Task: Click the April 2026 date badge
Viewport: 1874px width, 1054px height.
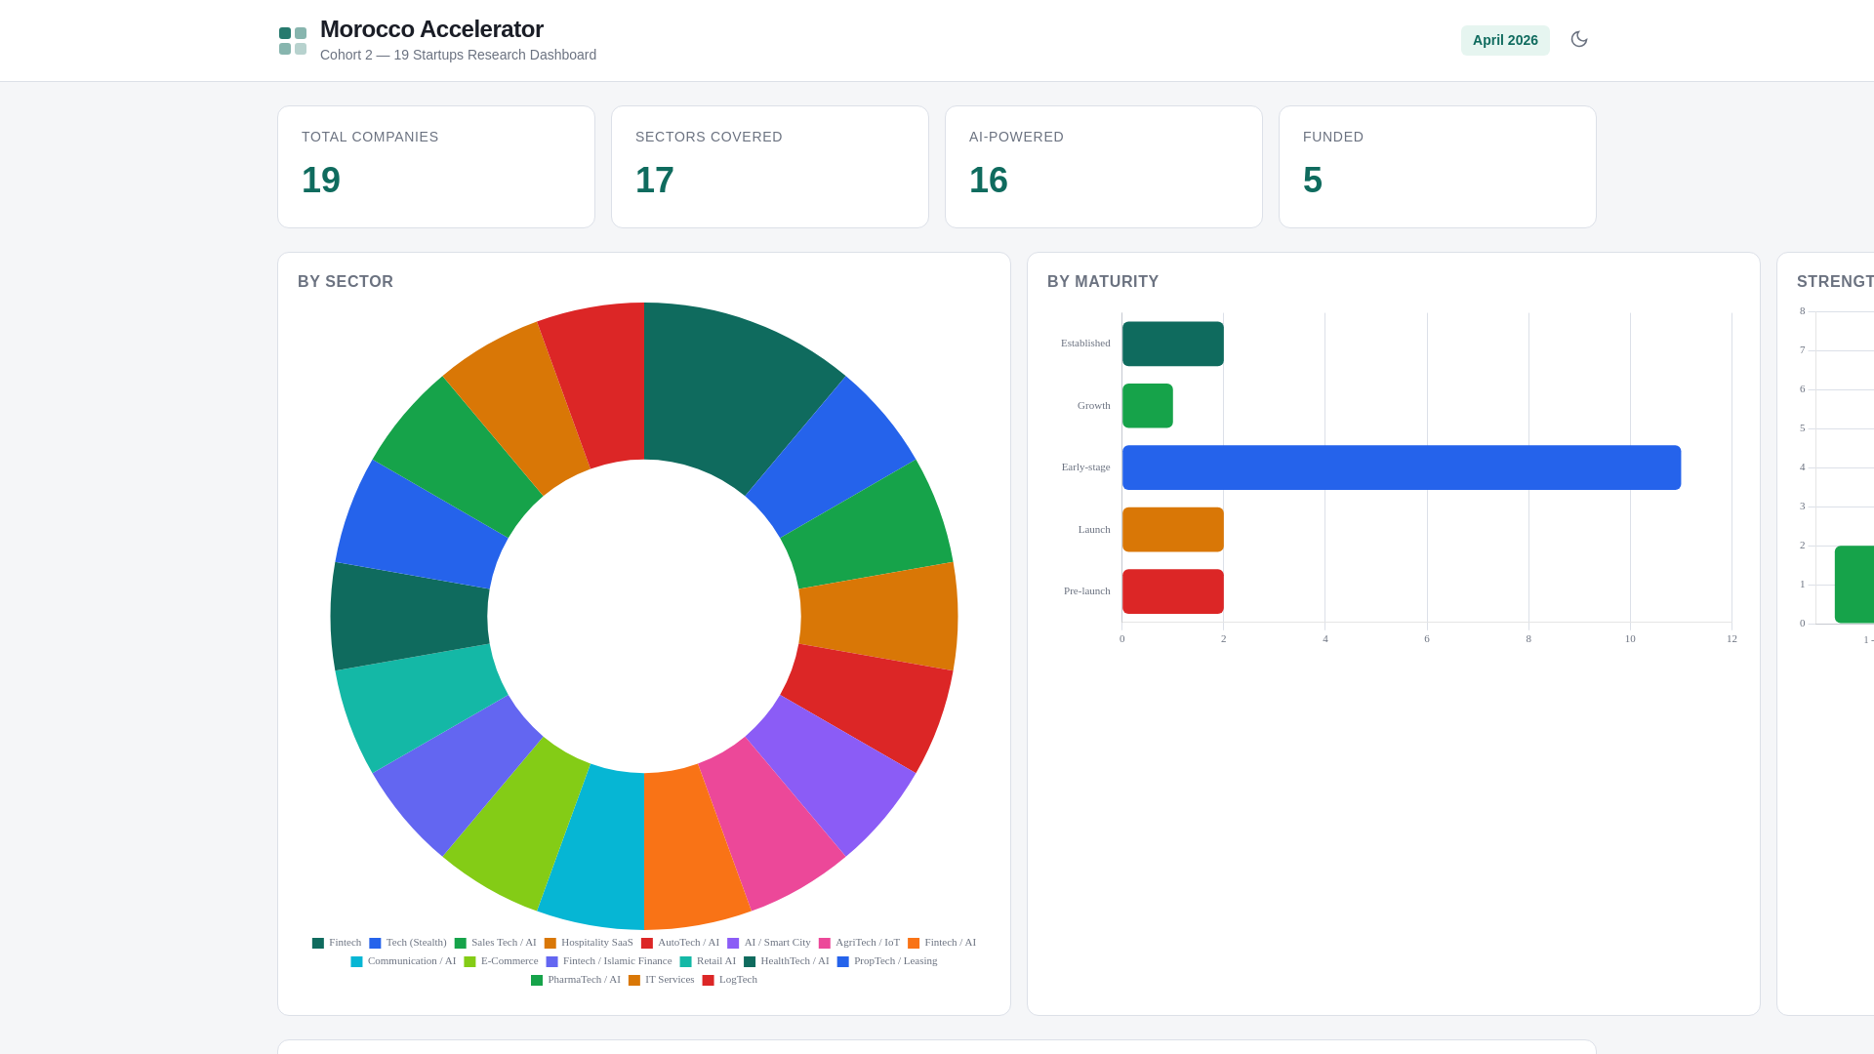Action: (1504, 40)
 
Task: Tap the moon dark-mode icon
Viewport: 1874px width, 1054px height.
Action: (1578, 39)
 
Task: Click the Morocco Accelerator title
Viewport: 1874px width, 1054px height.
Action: (431, 29)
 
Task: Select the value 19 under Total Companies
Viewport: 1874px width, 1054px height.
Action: (321, 181)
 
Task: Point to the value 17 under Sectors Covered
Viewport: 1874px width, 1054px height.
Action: (655, 181)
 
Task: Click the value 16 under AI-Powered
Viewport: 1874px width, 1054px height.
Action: (988, 181)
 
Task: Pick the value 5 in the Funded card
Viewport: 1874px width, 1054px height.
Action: (1312, 181)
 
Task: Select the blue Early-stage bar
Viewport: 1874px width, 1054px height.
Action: (1401, 467)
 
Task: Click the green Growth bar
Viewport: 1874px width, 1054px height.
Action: (1147, 406)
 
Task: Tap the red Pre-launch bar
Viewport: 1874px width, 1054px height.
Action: (1172, 591)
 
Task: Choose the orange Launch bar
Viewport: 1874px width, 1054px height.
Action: (1172, 529)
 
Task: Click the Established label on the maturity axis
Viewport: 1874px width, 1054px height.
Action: (1085, 344)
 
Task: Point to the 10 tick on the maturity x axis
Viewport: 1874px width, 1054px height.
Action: (1630, 639)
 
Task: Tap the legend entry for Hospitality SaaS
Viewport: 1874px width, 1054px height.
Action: (589, 943)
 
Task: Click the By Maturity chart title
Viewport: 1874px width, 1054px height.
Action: (1103, 282)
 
